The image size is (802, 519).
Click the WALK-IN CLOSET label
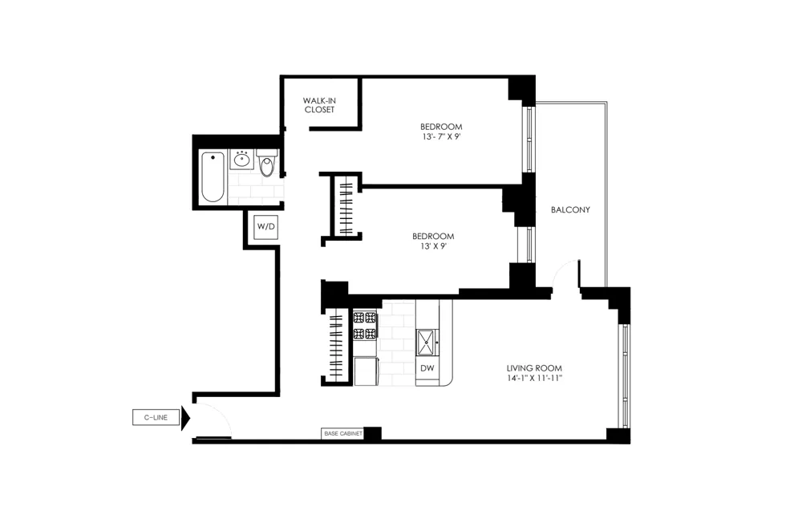[x=319, y=105]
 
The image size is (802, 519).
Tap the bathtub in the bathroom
[x=213, y=176]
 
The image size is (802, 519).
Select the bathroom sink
[x=241, y=160]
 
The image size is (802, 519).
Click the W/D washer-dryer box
[x=265, y=227]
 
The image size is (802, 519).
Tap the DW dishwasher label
[x=427, y=368]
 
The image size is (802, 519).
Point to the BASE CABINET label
[x=342, y=433]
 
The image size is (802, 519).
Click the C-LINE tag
[x=156, y=417]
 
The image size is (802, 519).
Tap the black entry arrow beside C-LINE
[x=185, y=418]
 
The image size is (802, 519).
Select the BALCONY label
[x=570, y=210]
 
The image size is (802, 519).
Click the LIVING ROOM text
[x=534, y=367]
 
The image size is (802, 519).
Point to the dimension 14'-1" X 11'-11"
[x=534, y=378]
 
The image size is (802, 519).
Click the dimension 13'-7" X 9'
[x=441, y=137]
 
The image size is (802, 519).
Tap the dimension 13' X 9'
[x=433, y=246]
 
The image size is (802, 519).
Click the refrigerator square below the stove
[x=366, y=371]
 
